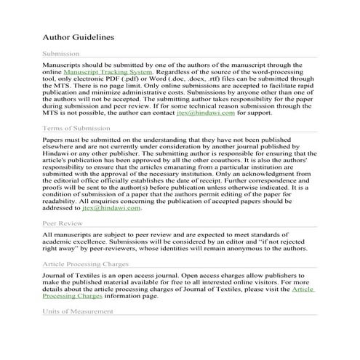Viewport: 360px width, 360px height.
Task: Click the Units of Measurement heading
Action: [x=79, y=312]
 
